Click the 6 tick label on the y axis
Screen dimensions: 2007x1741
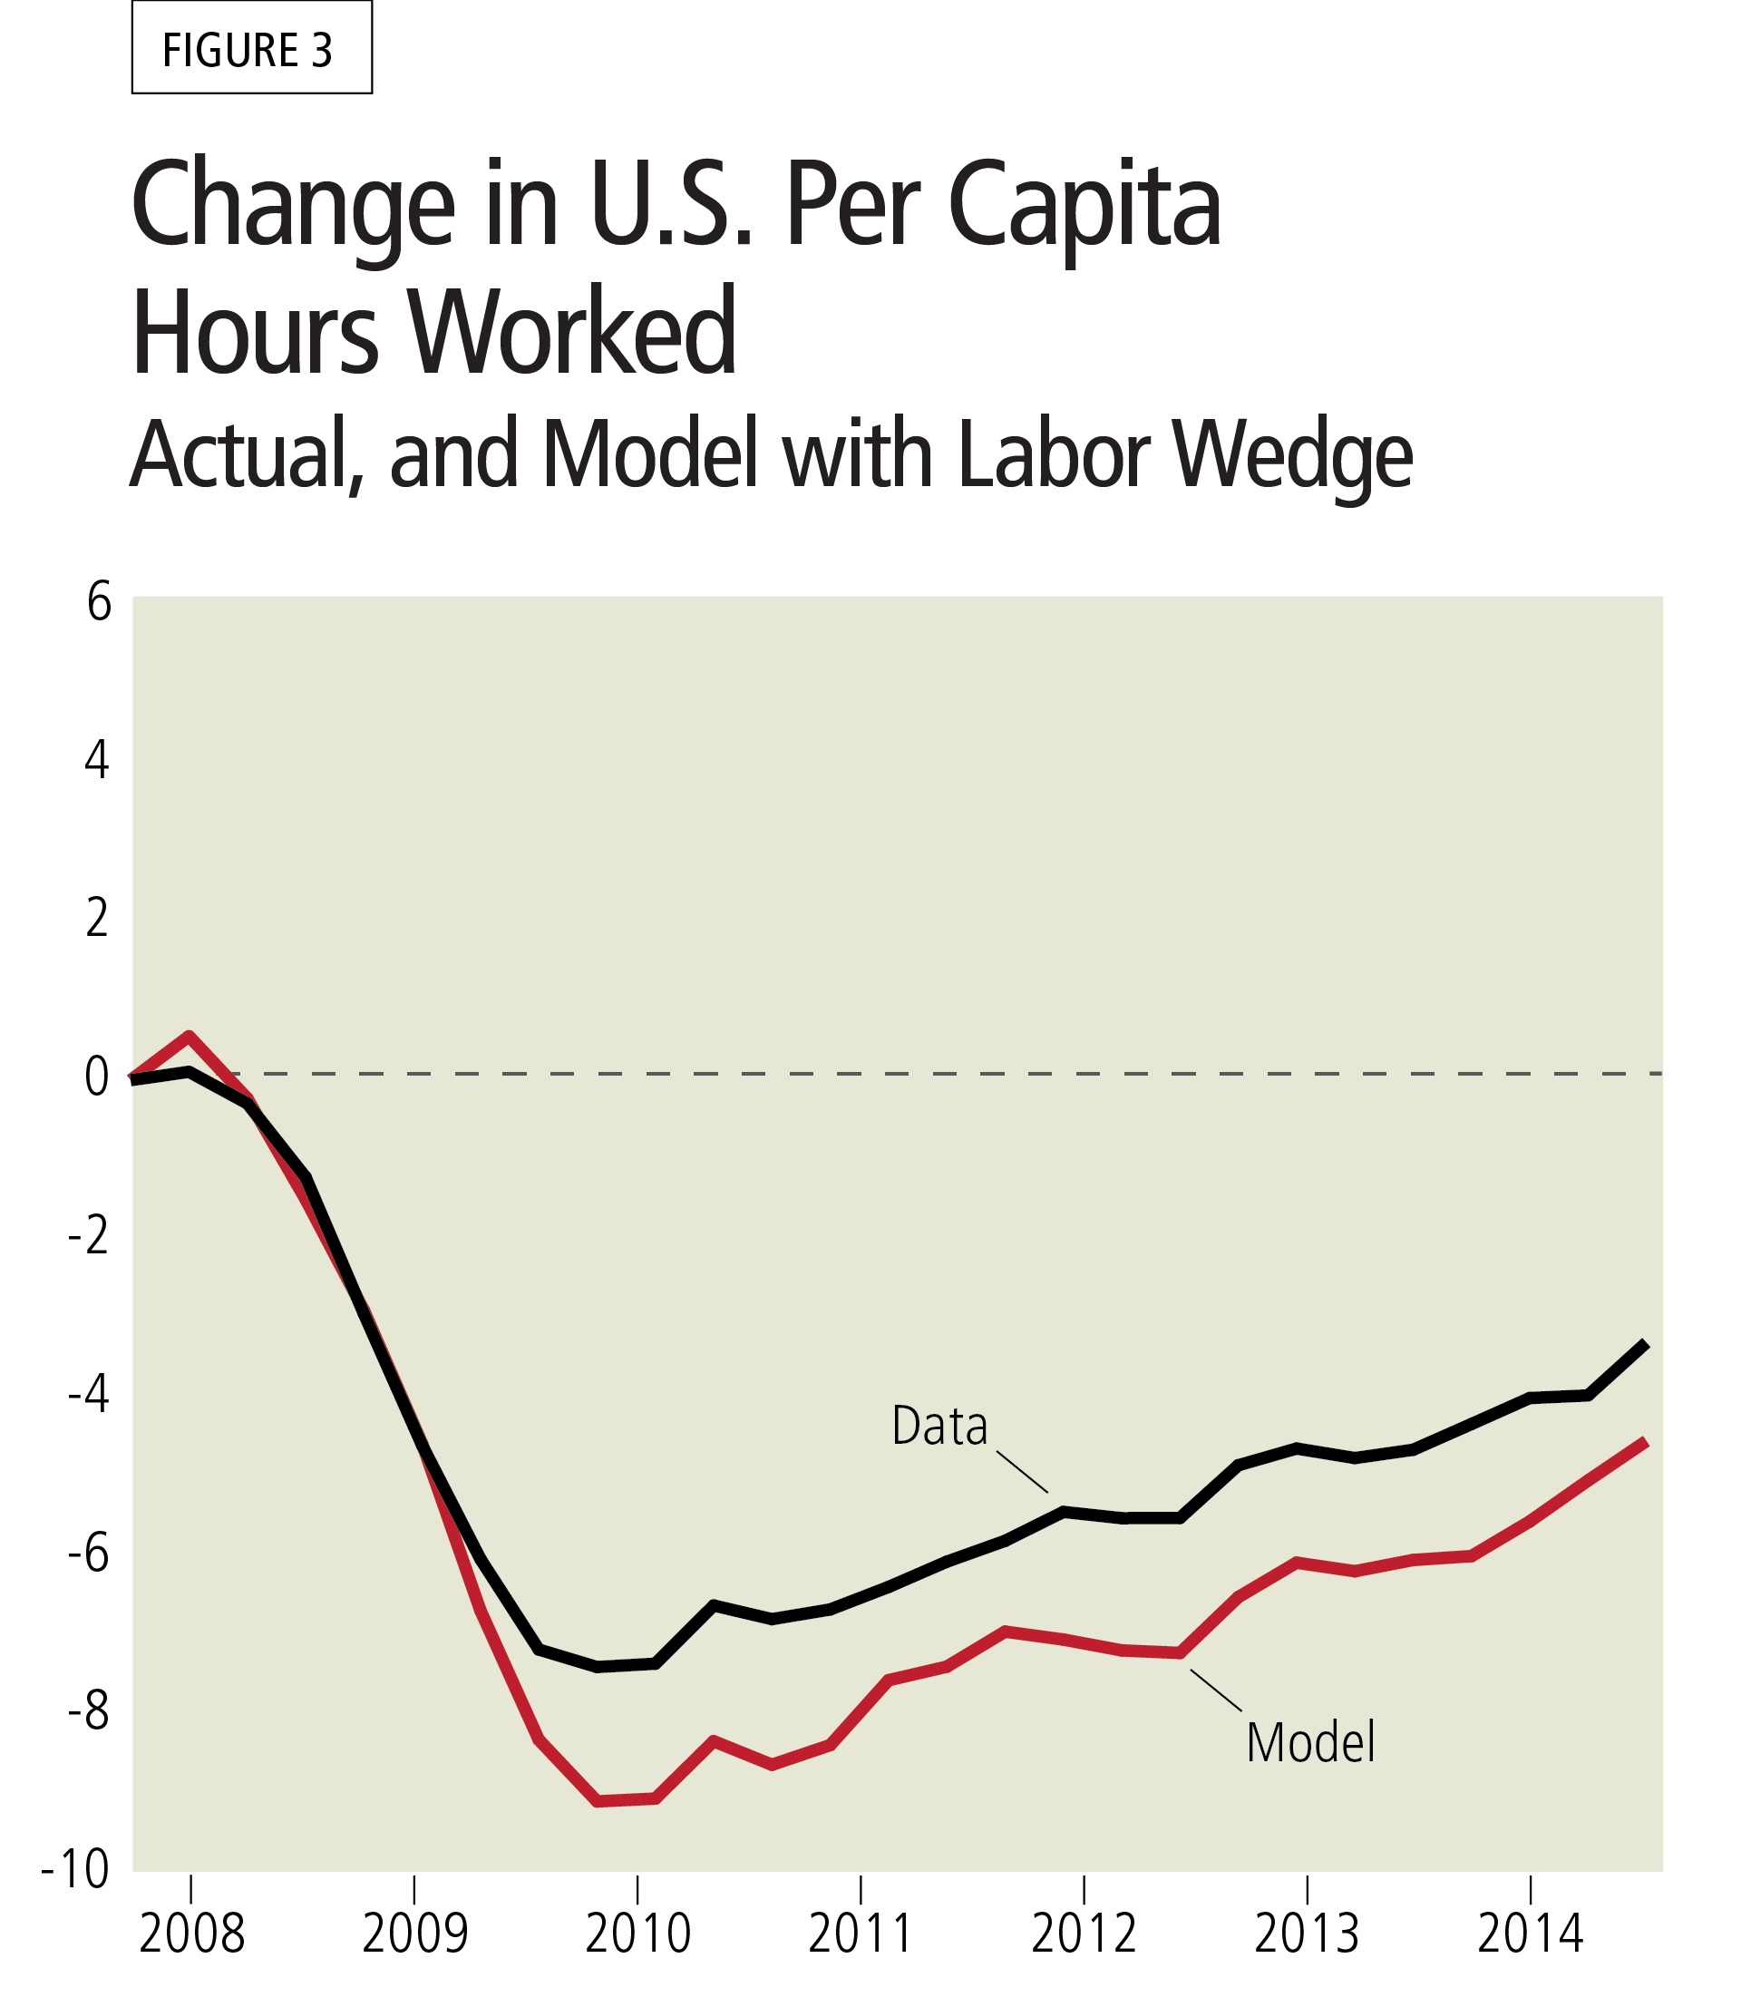pos(98,603)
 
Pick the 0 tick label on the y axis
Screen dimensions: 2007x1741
pos(96,1077)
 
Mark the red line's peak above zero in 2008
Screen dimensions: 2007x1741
pos(190,1036)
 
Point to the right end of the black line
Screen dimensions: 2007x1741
pos(1646,1343)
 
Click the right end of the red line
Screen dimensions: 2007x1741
pos(1646,1442)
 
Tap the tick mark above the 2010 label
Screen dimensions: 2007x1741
pos(638,1889)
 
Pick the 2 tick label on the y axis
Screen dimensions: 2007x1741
pos(96,919)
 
